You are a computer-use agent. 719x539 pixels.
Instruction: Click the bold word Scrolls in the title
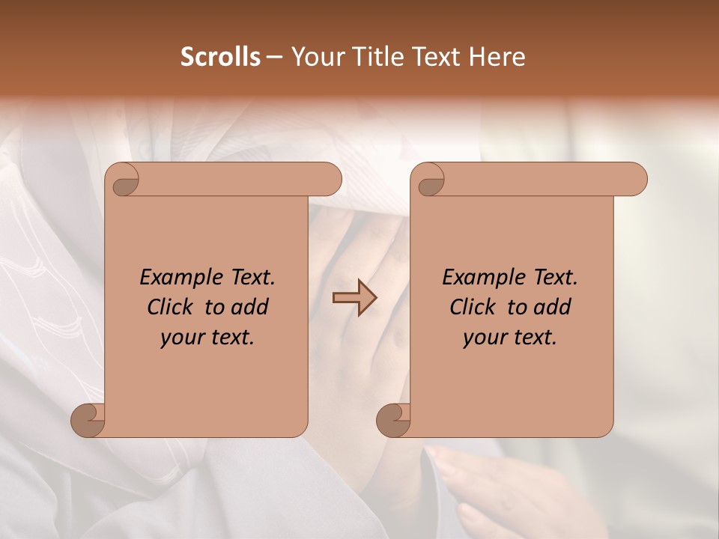tap(220, 57)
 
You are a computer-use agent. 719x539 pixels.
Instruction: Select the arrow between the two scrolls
tap(354, 297)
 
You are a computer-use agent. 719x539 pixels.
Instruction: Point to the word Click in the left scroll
tap(172, 307)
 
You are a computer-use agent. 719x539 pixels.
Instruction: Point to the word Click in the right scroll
tap(475, 307)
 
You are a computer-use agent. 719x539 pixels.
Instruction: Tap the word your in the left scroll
tap(180, 337)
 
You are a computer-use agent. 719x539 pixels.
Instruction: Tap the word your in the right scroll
tap(483, 337)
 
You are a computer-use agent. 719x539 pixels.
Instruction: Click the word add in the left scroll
tap(250, 307)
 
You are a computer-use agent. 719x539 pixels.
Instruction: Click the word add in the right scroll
tap(553, 307)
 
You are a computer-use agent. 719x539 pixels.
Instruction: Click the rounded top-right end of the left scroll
tap(330, 180)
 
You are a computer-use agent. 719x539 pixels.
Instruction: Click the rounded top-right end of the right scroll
tap(635, 180)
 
